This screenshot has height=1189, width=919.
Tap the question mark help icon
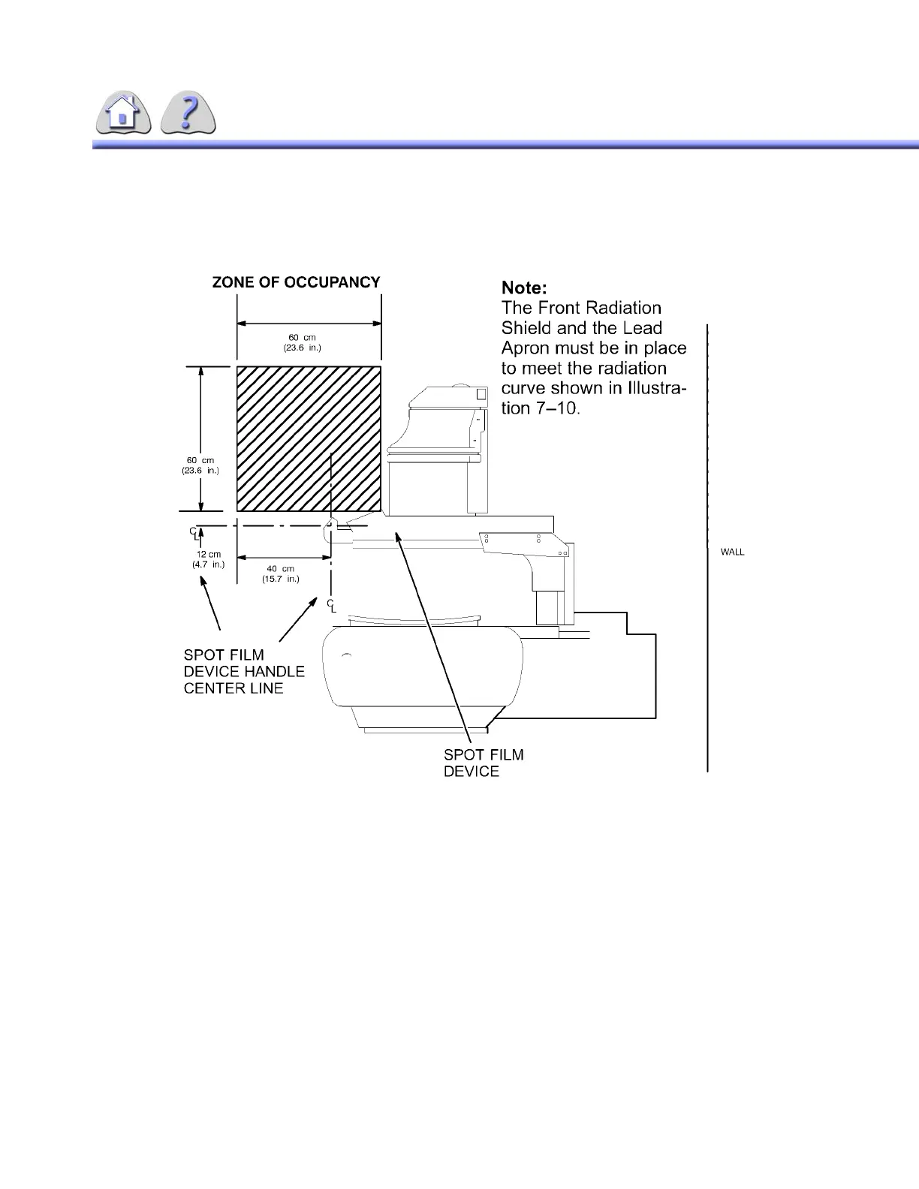click(x=188, y=114)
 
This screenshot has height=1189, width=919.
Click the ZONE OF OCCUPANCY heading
click(x=296, y=282)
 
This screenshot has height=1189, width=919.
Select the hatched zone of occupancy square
click(x=309, y=438)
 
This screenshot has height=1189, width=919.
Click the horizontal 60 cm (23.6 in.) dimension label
click(x=302, y=342)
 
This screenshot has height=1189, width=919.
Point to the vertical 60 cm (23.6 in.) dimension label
click(x=200, y=465)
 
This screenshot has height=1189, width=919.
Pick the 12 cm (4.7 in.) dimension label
click(x=208, y=559)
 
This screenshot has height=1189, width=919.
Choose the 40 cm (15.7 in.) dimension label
click(x=280, y=573)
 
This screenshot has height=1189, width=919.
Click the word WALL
click(x=732, y=552)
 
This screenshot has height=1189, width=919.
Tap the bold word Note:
click(x=524, y=287)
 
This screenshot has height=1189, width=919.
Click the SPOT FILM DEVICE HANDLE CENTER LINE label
click(x=244, y=672)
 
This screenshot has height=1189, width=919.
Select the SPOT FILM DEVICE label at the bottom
click(x=483, y=763)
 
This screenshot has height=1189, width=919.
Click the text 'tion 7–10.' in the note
click(x=541, y=408)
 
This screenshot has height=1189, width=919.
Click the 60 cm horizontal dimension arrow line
click(x=309, y=324)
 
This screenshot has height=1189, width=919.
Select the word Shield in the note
click(x=526, y=328)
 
